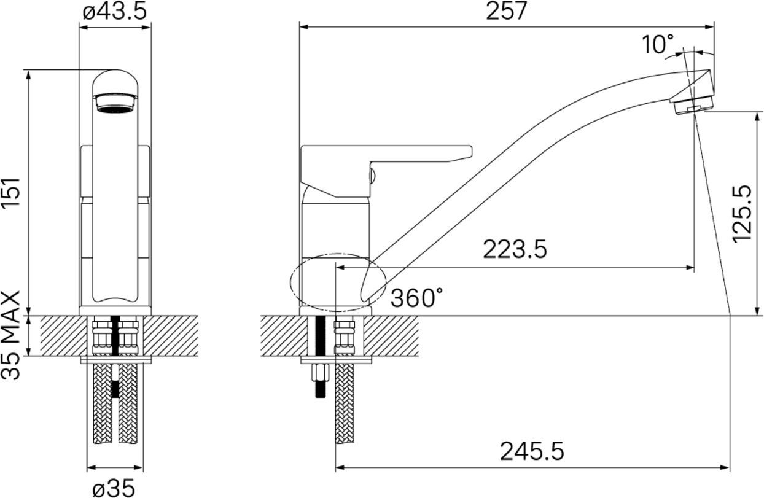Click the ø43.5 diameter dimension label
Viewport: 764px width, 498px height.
pos(115,11)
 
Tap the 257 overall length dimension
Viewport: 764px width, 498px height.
pos(507,11)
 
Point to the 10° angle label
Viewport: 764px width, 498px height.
pos(658,44)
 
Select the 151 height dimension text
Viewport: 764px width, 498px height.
pos(11,193)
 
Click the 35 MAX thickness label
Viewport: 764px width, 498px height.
pos(11,335)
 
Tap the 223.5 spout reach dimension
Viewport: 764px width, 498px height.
pos(515,249)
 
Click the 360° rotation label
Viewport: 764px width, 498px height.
pos(416,298)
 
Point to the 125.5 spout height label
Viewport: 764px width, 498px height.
pos(742,214)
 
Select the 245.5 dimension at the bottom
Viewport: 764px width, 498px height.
pos(532,451)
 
